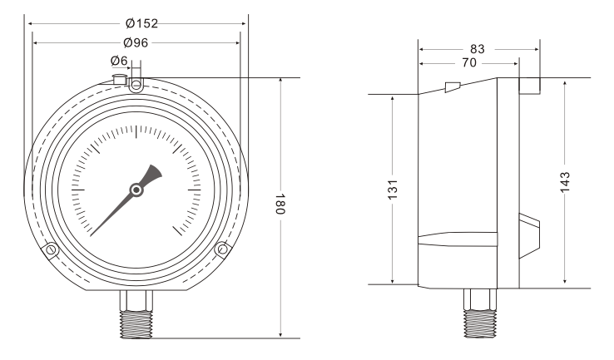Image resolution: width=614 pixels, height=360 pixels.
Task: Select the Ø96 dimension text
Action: (x=136, y=42)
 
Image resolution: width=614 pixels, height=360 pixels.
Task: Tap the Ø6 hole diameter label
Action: (x=119, y=61)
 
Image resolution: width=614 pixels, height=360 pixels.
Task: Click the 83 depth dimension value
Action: (x=478, y=50)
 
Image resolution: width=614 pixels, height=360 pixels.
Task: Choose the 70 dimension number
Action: (x=469, y=63)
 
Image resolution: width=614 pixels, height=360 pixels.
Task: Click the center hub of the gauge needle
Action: (x=136, y=191)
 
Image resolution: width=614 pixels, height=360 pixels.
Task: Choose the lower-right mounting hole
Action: (x=221, y=249)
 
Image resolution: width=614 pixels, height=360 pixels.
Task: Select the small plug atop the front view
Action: (x=118, y=78)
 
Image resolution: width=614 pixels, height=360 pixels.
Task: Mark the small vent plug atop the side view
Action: (x=452, y=87)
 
